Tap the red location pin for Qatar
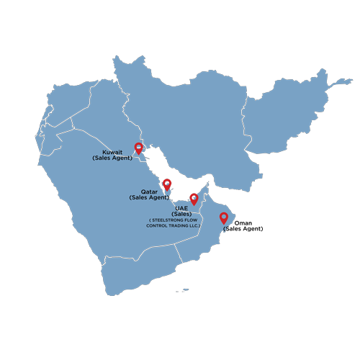coord(167,184)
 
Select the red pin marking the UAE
coord(193,199)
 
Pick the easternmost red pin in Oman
coord(224,218)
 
